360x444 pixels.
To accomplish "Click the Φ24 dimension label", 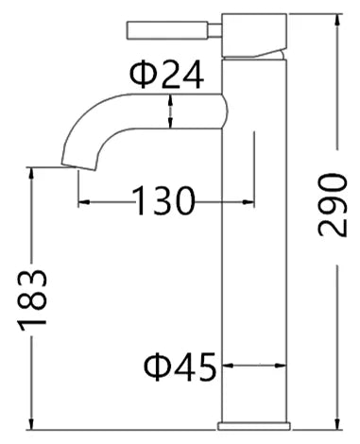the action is tap(167, 75).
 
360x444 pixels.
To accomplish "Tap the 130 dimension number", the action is tap(163, 201).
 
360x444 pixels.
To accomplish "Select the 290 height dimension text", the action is tap(333, 205).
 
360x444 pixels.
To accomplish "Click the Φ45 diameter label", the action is tap(180, 367).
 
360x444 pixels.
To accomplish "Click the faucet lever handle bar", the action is tap(167, 30).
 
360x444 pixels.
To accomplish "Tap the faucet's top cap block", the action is tap(254, 35).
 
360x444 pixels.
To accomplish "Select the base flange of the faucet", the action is tap(253, 426).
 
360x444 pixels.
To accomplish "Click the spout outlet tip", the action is tap(78, 167).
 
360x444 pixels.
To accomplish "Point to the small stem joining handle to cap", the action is tap(215, 31).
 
